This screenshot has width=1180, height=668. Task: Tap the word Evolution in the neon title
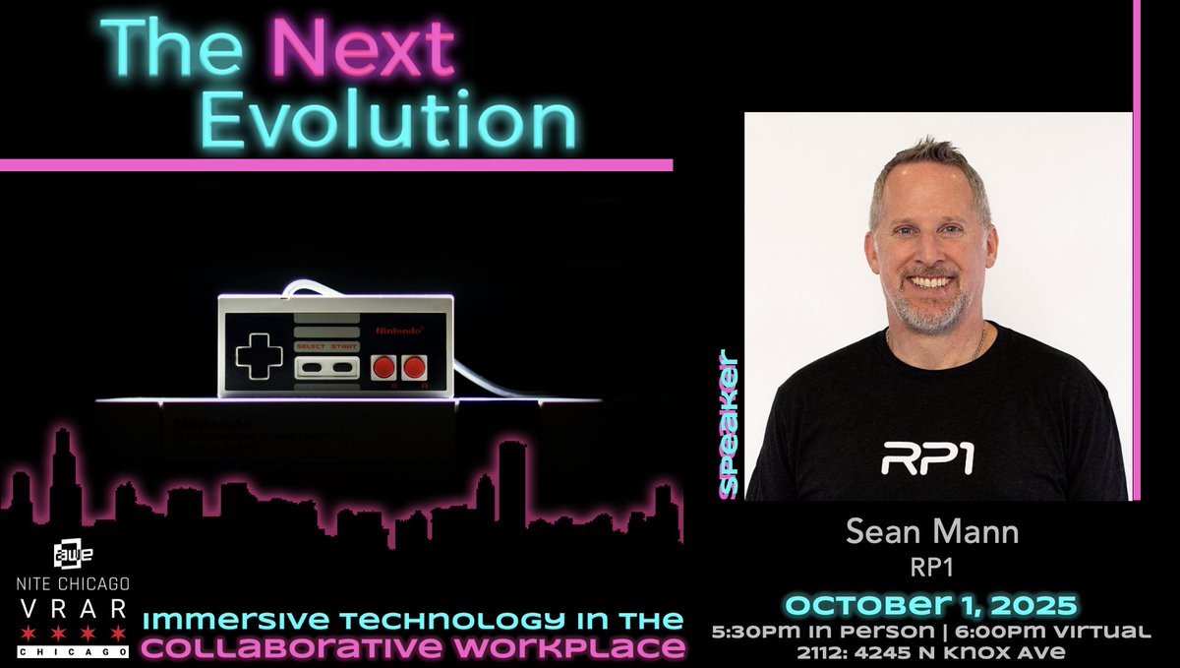[x=387, y=122]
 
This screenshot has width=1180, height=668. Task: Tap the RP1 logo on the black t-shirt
[x=926, y=458]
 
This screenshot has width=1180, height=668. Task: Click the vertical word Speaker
[x=729, y=423]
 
